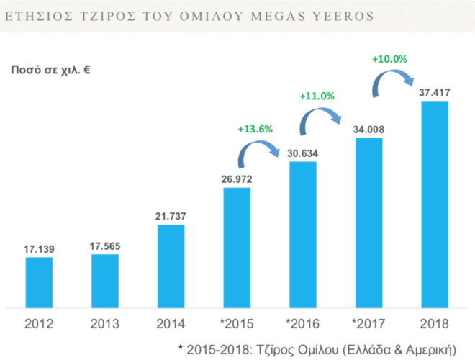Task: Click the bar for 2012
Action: pos(39,281)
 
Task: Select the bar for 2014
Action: pos(171,265)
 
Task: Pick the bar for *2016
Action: pos(303,233)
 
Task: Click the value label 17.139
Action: pos(39,248)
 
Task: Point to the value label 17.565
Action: pos(105,246)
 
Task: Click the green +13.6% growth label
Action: pos(255,129)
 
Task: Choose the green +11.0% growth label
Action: pos(317,95)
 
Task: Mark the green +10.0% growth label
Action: pos(390,59)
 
